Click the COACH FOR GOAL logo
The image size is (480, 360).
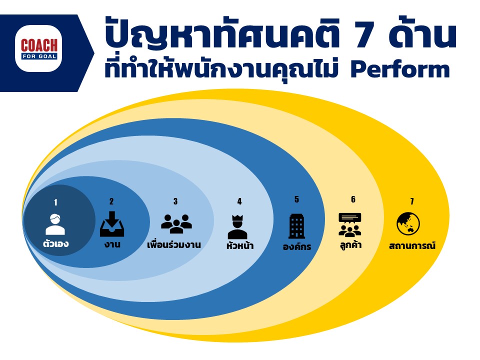[38, 48]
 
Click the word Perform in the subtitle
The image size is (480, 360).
[400, 69]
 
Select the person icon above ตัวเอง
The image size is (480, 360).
[55, 224]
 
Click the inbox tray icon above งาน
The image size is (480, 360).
[112, 224]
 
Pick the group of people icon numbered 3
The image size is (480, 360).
[176, 224]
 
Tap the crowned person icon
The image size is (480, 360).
[237, 227]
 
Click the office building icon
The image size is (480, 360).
[296, 226]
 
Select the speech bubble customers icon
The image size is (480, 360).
[350, 225]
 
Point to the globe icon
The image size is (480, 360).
[408, 224]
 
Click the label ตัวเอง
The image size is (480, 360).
[55, 244]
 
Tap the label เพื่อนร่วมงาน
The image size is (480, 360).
[174, 245]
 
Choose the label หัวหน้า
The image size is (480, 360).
[240, 245]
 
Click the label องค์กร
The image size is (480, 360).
[297, 246]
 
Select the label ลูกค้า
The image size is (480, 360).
[350, 245]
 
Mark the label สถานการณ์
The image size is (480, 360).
[412, 245]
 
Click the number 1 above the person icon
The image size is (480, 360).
[55, 202]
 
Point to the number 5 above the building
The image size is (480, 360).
[296, 199]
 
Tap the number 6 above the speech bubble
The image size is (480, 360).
[353, 199]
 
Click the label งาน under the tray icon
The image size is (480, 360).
[112, 244]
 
